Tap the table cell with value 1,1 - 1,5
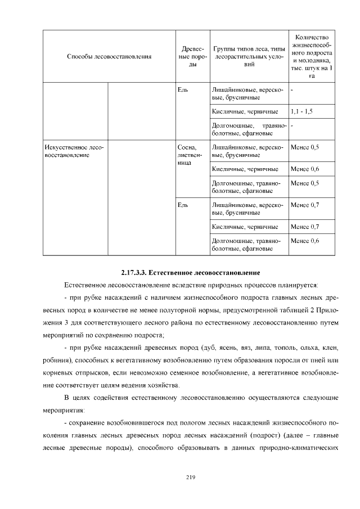tap(301, 111)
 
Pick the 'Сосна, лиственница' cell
tap(186, 154)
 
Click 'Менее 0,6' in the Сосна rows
tap(304, 169)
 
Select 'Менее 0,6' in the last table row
tap(304, 241)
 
